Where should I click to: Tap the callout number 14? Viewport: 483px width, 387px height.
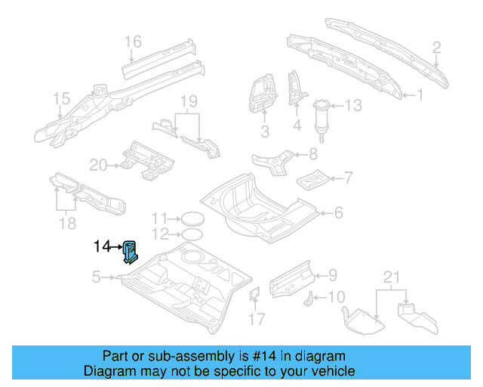click(x=103, y=246)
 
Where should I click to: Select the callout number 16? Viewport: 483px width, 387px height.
click(x=133, y=41)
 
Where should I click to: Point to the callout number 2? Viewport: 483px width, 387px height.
click(x=436, y=49)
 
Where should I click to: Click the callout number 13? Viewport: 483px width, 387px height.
click(x=354, y=106)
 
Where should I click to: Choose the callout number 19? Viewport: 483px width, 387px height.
click(x=188, y=101)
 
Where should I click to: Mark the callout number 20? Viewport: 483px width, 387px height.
click(x=99, y=164)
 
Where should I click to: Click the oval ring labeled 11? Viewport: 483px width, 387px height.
click(x=192, y=218)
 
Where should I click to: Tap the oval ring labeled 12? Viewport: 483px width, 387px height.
click(x=192, y=234)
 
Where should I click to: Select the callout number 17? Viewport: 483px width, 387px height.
click(x=257, y=319)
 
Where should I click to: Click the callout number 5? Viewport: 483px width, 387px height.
click(x=96, y=277)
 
